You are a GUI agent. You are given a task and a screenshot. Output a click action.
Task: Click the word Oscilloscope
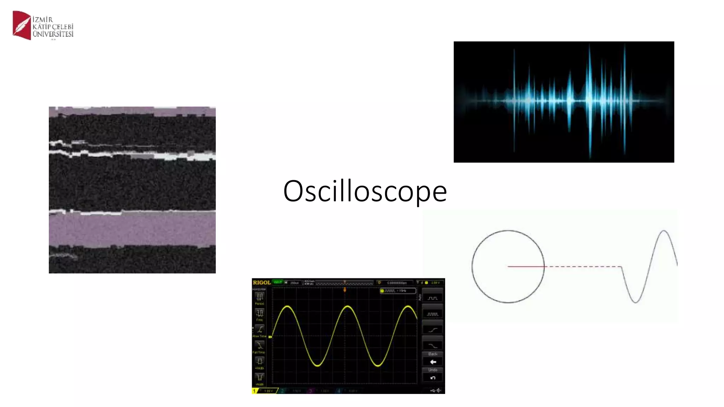point(365,191)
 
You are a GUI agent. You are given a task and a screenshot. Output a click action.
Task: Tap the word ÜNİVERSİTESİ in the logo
point(53,34)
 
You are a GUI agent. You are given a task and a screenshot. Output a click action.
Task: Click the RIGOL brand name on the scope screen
point(262,283)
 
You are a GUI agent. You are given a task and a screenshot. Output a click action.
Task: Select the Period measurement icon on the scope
point(260,297)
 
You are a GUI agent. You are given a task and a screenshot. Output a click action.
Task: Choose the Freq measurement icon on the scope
point(260,313)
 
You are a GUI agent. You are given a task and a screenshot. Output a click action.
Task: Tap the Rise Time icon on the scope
point(260,329)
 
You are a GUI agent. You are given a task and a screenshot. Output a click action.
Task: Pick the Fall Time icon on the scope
point(260,345)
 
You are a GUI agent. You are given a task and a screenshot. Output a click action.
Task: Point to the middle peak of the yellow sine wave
point(348,306)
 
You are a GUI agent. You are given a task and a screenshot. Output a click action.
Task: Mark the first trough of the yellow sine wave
point(317,366)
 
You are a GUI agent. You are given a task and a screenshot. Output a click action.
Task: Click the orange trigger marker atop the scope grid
point(345,290)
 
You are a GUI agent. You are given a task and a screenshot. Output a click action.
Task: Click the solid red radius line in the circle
point(526,266)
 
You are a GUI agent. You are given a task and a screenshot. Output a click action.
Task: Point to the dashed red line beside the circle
point(583,266)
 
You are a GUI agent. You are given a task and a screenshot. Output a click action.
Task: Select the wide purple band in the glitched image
point(132,230)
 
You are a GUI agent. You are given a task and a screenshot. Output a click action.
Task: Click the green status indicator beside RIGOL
point(278,282)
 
